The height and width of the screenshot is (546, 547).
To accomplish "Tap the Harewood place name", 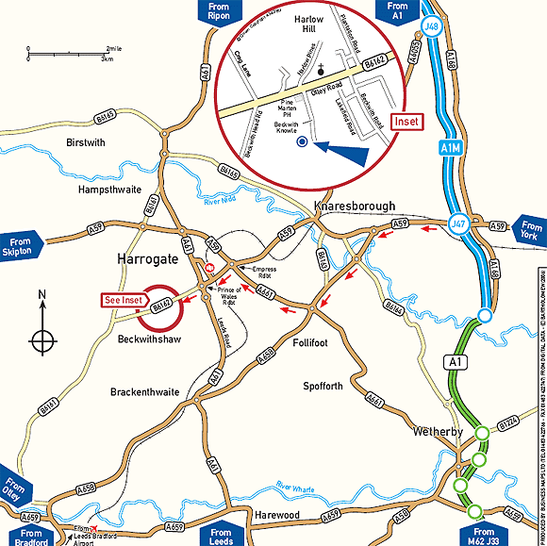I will (277, 515).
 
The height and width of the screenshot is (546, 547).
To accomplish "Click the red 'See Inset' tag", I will (124, 300).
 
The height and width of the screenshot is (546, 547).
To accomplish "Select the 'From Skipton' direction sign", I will (23, 247).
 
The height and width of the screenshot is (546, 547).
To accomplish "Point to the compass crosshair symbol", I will (42, 339).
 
